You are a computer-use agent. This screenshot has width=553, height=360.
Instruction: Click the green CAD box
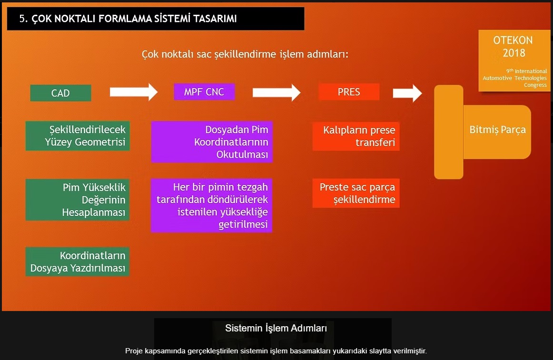point(60,93)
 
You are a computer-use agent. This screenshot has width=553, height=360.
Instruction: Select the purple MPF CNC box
point(204,92)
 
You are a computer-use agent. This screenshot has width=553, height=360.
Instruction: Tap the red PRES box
point(349,92)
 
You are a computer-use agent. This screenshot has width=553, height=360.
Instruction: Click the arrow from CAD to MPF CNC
point(133,92)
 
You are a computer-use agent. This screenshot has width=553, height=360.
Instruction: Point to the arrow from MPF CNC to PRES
point(276,92)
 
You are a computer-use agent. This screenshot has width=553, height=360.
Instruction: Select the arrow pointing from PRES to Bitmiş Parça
point(407,93)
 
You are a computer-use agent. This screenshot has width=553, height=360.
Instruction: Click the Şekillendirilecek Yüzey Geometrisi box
point(78,136)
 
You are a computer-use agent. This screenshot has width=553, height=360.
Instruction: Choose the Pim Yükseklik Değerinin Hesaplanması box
point(78,200)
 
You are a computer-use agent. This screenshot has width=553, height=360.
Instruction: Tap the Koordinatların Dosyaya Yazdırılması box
point(78,262)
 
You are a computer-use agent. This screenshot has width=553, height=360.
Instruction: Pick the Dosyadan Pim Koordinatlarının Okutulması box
point(212,142)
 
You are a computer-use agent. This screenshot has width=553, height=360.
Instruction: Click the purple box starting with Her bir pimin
point(212,205)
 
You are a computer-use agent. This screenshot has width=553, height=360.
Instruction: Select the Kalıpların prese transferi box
point(356,136)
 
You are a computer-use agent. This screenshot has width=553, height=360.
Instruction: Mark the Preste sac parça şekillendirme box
point(356,193)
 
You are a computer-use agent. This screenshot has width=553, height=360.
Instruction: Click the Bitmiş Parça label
point(497,130)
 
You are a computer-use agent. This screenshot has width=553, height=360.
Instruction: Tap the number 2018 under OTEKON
point(513,53)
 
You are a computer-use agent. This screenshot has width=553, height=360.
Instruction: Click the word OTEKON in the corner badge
point(513,40)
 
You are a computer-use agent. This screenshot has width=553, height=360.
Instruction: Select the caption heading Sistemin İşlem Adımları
point(276,328)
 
